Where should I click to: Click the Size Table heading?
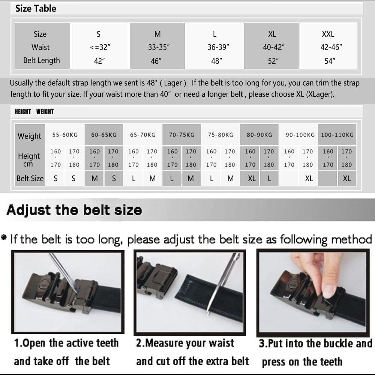pyautogui.click(x=36, y=8)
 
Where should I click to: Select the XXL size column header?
pyautogui.click(x=328, y=34)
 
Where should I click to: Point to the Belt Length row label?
pyautogui.click(x=41, y=60)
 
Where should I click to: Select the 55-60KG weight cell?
pyautogui.click(x=65, y=135)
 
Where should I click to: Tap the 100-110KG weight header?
pyautogui.click(x=337, y=135)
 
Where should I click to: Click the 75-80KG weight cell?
pyautogui.click(x=220, y=135)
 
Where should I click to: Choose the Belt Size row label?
pyautogui.click(x=30, y=178)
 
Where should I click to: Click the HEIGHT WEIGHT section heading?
pyautogui.click(x=34, y=111)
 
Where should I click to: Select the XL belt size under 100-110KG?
pyautogui.click(x=346, y=178)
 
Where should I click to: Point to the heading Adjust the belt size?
pyautogui.click(x=74, y=210)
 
